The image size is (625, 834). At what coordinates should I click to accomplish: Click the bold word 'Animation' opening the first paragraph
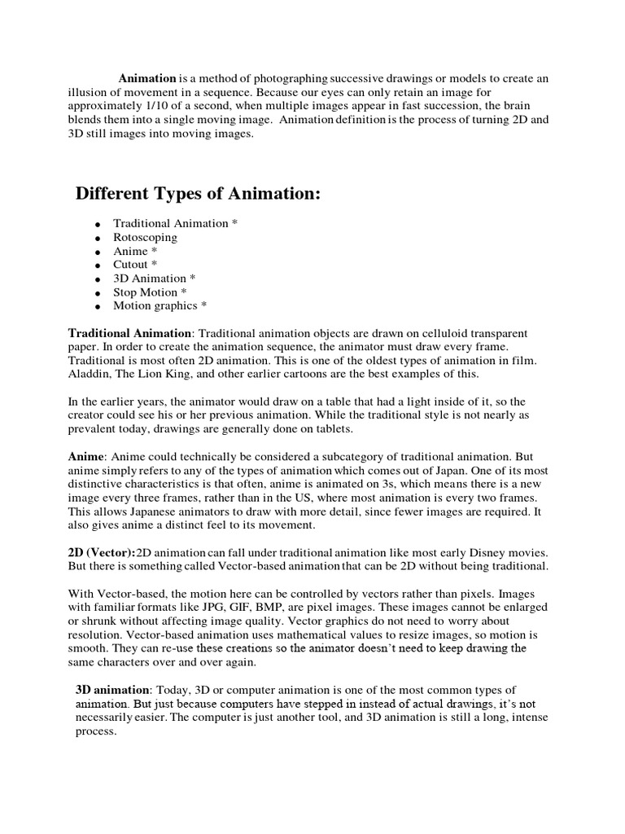click(x=147, y=78)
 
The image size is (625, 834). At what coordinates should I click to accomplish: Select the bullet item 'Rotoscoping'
click(x=145, y=237)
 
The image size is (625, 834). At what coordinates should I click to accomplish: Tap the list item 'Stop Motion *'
click(x=151, y=292)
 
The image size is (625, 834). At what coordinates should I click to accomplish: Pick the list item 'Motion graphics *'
click(x=160, y=306)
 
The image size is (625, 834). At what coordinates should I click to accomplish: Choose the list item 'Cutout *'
click(x=135, y=265)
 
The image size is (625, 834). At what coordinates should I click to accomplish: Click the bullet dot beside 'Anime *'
click(x=97, y=252)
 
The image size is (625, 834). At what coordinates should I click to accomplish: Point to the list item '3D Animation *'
click(x=155, y=279)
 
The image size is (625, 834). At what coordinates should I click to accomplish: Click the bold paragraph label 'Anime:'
click(x=85, y=457)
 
